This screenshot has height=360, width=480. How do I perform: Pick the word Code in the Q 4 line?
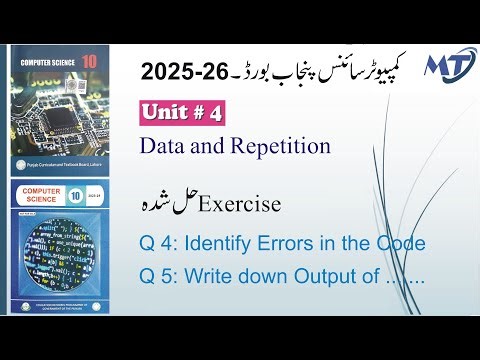pos(400,243)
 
